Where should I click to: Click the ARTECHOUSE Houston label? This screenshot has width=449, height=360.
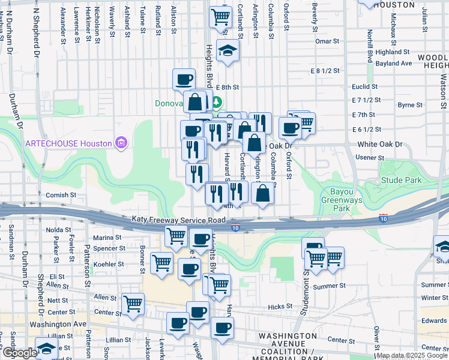[68, 143]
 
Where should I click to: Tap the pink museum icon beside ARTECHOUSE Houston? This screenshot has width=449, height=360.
[121, 143]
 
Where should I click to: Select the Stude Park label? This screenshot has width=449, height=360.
[401, 181]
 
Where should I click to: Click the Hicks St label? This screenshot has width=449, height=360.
[280, 307]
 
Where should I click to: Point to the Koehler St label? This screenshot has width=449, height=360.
[108, 263]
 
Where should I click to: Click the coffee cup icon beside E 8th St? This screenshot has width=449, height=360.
[184, 79]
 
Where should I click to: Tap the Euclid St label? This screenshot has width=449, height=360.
[364, 86]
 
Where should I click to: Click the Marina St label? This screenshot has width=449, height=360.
[107, 238]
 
